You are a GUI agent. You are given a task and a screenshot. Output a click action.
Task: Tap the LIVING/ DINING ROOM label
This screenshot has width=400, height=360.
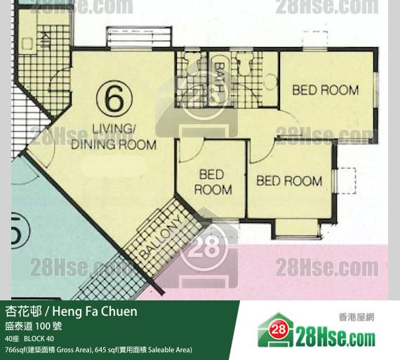(114, 137)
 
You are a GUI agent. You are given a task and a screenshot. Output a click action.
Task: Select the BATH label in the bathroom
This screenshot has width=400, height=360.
(218, 77)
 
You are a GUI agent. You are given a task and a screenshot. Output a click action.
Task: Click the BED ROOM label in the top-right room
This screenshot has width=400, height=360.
(326, 90)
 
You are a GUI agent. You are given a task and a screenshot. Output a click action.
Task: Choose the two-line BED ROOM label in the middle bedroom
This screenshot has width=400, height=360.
(213, 182)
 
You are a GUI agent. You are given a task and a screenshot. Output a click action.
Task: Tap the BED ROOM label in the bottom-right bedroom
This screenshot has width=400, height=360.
(289, 180)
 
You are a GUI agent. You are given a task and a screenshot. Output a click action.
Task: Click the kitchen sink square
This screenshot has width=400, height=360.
(27, 44)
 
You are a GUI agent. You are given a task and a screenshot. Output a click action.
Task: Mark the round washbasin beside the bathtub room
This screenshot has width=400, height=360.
(271, 81)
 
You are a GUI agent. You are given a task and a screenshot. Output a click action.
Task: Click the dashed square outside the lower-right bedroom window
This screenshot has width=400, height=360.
(346, 180)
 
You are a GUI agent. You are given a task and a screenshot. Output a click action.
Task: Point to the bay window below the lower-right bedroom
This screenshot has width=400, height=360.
(297, 227)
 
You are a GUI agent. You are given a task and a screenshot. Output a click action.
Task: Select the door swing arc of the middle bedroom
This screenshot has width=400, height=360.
(194, 153)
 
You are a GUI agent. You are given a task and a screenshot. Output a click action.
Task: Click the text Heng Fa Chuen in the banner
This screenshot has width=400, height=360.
(95, 312)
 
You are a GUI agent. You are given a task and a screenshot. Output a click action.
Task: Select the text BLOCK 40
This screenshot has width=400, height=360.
(39, 338)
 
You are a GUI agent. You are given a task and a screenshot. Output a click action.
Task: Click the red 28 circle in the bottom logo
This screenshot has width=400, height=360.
(279, 329)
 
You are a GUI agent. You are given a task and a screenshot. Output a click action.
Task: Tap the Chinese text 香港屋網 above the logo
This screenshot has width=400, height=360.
(356, 317)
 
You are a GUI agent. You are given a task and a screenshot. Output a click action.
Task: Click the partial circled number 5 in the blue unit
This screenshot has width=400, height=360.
(19, 233)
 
